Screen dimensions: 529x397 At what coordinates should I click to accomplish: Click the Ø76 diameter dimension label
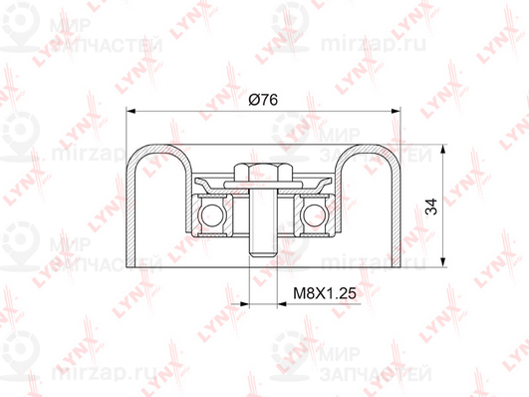click(263, 100)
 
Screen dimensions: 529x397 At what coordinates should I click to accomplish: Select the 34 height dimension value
click(431, 206)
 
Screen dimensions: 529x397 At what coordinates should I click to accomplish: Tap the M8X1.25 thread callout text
click(325, 293)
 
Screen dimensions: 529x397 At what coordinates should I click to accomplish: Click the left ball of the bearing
click(212, 215)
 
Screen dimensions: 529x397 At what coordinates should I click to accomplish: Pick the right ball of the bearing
click(315, 215)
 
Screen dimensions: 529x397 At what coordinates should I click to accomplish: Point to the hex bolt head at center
click(263, 173)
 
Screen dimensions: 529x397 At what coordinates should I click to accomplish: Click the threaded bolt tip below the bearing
click(263, 248)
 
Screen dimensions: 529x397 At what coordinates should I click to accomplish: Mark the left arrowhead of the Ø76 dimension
click(131, 111)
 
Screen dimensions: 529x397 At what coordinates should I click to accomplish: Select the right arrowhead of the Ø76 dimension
click(396, 111)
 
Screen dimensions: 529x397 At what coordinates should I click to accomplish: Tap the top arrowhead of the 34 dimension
click(442, 150)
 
